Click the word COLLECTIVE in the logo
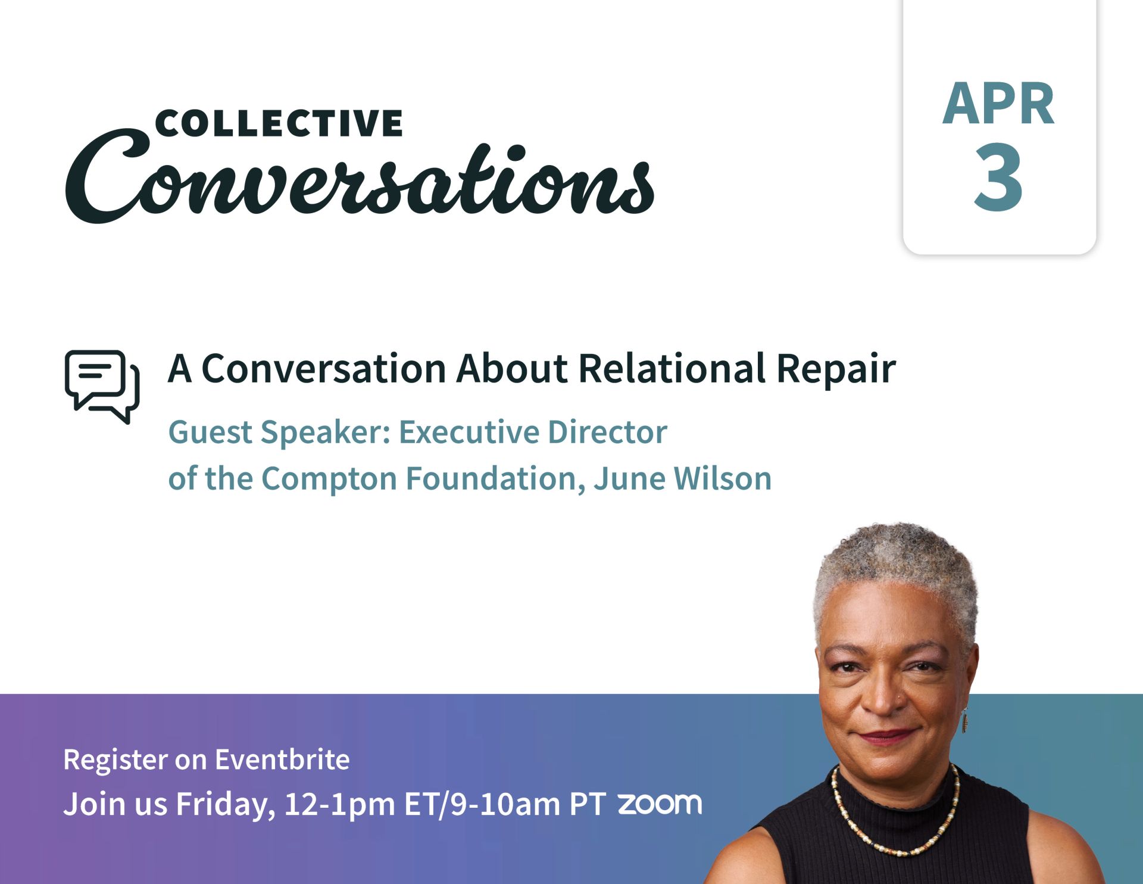(x=279, y=123)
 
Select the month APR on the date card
(x=998, y=104)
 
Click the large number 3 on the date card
(x=998, y=177)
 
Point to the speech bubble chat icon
(x=102, y=387)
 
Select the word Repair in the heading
(x=836, y=369)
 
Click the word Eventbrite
(x=282, y=760)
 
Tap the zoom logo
(x=660, y=804)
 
